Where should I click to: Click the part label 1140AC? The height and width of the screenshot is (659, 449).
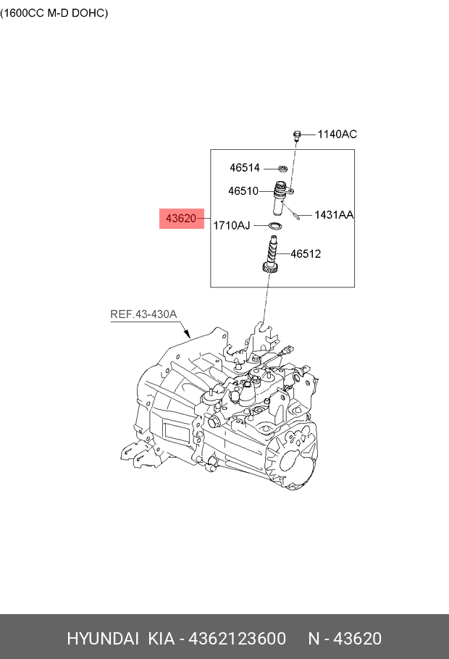click(337, 134)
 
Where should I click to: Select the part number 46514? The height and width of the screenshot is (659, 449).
click(245, 168)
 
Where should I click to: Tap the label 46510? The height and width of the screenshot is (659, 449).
click(243, 192)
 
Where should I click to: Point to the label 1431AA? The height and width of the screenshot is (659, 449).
click(334, 215)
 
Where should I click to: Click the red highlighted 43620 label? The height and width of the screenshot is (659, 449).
click(181, 218)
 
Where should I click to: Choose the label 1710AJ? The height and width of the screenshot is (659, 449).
click(231, 226)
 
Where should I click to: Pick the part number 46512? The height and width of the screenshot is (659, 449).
click(306, 254)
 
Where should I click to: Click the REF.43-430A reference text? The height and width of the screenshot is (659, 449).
click(143, 314)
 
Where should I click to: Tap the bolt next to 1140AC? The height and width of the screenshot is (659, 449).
click(297, 135)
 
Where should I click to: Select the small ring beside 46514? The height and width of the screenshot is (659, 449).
click(283, 169)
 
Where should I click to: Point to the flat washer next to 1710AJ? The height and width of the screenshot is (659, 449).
click(274, 227)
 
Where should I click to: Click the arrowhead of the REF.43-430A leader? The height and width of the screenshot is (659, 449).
click(189, 337)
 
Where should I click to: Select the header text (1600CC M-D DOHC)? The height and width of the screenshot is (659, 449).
click(54, 13)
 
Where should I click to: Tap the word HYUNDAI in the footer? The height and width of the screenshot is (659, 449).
click(103, 639)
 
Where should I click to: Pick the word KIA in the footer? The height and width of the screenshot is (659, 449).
click(163, 639)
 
